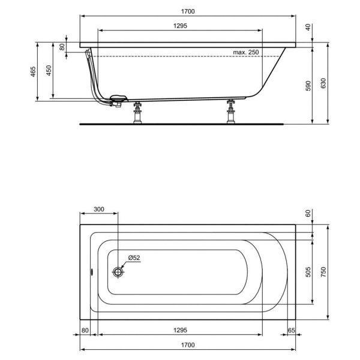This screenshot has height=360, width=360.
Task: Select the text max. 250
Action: [245, 53]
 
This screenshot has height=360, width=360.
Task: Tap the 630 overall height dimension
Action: [325, 84]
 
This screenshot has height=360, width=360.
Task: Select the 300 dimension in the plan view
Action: [99, 209]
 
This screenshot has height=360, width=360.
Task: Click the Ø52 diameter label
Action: [133, 258]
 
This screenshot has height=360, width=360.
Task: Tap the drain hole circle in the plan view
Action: [118, 272]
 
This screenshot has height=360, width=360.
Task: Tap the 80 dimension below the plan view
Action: [85, 330]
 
